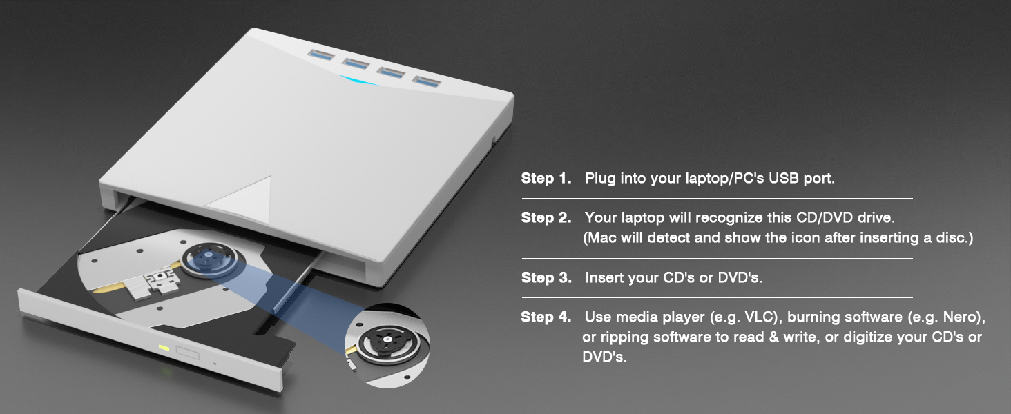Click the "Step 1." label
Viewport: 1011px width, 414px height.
pyautogui.click(x=546, y=179)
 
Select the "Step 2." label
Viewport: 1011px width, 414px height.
pyautogui.click(x=546, y=218)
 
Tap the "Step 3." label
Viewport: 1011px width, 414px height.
pyautogui.click(x=546, y=278)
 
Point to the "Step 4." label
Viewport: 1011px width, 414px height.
pyautogui.click(x=546, y=317)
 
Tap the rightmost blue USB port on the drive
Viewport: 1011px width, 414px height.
pyautogui.click(x=426, y=79)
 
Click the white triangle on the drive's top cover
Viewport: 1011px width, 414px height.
pyautogui.click(x=245, y=195)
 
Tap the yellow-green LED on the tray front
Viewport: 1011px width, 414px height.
pyautogui.click(x=164, y=347)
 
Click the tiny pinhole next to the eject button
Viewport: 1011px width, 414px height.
pyautogui.click(x=215, y=364)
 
